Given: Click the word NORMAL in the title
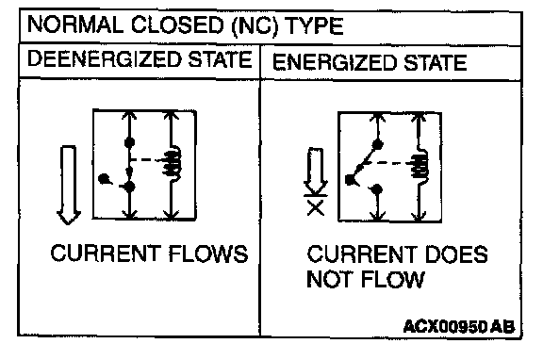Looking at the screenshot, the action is click(x=75, y=25).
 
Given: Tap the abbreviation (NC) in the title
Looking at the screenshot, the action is click(x=255, y=26).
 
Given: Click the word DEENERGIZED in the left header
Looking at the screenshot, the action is click(x=105, y=59).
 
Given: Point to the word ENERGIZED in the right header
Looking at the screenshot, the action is click(x=335, y=62).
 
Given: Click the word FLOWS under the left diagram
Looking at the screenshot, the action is click(x=208, y=254).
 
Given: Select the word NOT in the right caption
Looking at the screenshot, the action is click(x=332, y=279).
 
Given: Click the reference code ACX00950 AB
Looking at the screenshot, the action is click(x=459, y=326).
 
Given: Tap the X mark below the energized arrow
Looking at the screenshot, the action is click(x=316, y=208).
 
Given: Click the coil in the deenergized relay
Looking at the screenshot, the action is click(x=173, y=163).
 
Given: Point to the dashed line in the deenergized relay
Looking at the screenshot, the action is click(x=147, y=160).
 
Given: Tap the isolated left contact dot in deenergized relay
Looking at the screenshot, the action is click(x=103, y=179).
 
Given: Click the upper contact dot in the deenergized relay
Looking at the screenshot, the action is click(x=129, y=142).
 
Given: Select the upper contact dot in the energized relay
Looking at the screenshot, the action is click(x=377, y=144).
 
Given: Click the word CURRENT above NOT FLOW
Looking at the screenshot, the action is click(x=363, y=254).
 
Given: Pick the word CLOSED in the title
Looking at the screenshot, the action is click(x=177, y=25).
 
